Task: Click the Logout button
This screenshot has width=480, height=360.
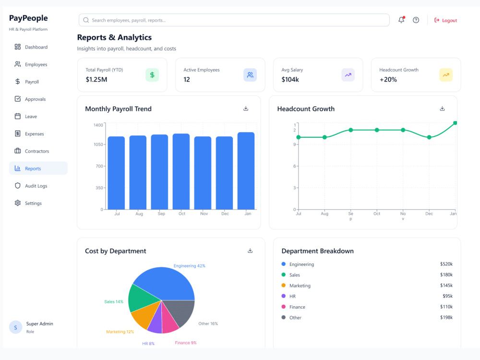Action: point(445,20)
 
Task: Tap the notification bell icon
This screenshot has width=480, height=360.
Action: point(401,20)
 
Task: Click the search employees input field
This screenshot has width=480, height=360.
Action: point(234,20)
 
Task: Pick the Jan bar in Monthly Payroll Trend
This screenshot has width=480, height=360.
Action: point(246,171)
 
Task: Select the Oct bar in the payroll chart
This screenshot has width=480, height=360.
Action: point(181,171)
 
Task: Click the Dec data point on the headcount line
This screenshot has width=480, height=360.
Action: point(429,137)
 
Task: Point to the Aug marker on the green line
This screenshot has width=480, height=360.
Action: point(324,137)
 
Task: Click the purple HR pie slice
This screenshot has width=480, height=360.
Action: point(156,322)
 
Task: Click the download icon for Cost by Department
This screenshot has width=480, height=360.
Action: point(250,251)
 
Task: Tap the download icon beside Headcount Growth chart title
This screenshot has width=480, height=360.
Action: point(442,108)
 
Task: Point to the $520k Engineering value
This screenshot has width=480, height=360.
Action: point(446,264)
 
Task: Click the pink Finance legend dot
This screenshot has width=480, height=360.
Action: point(284,306)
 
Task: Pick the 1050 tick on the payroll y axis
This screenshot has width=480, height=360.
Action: point(98,144)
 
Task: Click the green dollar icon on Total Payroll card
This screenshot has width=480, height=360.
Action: point(152,75)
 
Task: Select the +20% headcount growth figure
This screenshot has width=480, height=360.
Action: point(388,80)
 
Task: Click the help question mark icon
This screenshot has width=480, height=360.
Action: point(416,20)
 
